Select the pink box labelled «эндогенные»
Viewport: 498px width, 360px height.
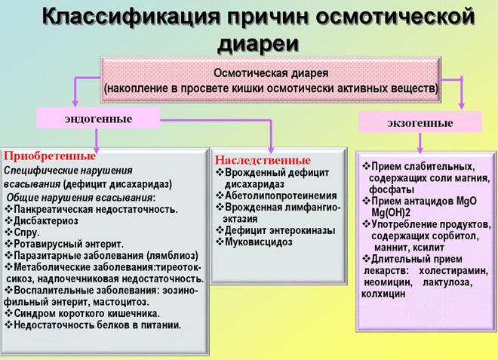pos(98,119)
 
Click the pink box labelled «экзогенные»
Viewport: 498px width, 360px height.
pos(420,122)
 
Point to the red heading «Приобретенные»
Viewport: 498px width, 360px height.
pos(50,156)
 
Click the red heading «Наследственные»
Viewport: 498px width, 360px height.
pos(263,161)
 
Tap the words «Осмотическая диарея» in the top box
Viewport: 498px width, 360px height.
pos(270,74)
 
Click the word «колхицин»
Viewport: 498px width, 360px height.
pos(384,294)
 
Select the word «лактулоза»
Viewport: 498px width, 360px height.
pos(445,282)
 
